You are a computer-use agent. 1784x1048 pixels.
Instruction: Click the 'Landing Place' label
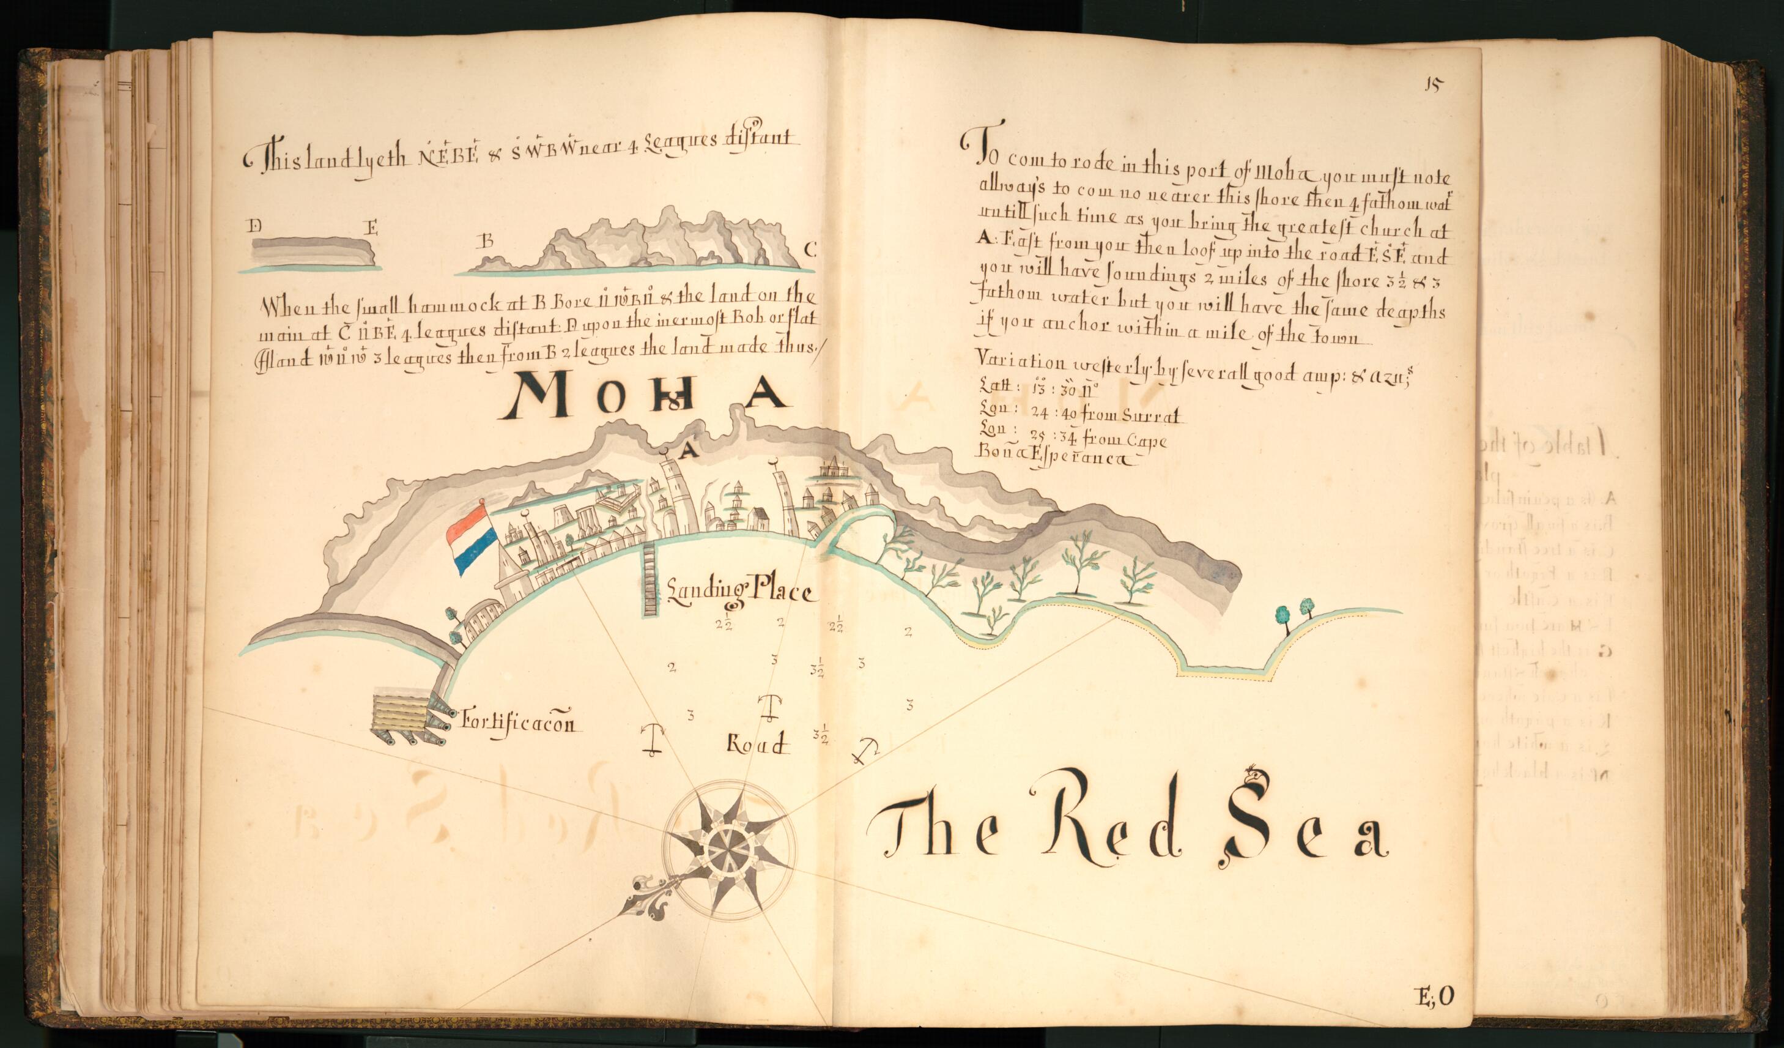pyautogui.click(x=741, y=589)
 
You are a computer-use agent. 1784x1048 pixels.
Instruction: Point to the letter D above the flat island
pyautogui.click(x=255, y=226)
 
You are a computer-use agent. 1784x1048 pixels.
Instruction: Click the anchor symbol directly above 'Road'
pyautogui.click(x=768, y=706)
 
